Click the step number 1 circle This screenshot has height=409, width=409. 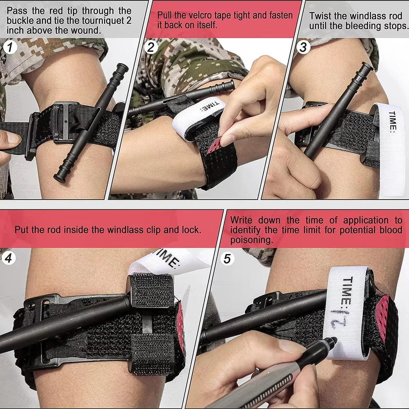10,48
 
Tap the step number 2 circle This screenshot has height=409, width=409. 151,48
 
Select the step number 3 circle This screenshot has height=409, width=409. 303,47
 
